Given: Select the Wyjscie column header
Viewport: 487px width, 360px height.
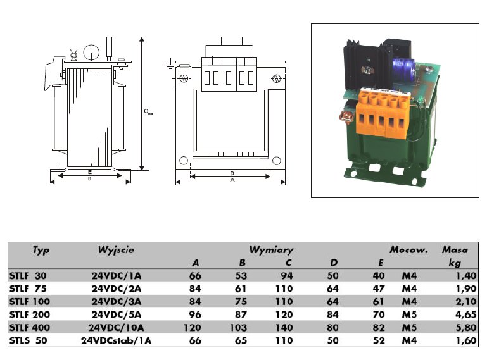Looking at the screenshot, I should (x=116, y=250).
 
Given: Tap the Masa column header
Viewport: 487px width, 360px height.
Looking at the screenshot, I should (x=455, y=250).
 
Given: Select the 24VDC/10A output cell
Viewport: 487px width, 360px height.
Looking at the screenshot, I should (x=118, y=327).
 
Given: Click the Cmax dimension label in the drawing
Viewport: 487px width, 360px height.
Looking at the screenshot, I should (x=148, y=112).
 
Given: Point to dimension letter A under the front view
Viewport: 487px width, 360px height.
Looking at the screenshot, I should (x=232, y=180).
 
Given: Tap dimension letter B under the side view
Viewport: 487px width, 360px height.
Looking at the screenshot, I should (x=91, y=179).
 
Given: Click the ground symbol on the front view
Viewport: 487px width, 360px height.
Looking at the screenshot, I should (x=170, y=64).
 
